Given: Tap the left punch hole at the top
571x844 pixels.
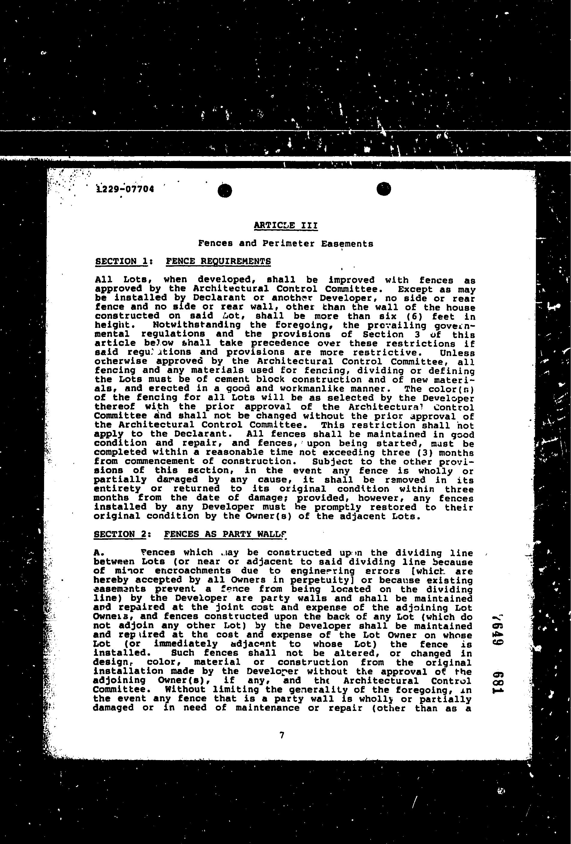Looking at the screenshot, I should [x=225, y=191].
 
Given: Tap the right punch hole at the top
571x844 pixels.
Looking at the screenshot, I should [x=384, y=189].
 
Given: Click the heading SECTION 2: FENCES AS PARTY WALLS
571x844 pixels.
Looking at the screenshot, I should [x=190, y=534].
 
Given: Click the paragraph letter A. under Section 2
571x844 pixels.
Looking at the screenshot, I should [x=99, y=553].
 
